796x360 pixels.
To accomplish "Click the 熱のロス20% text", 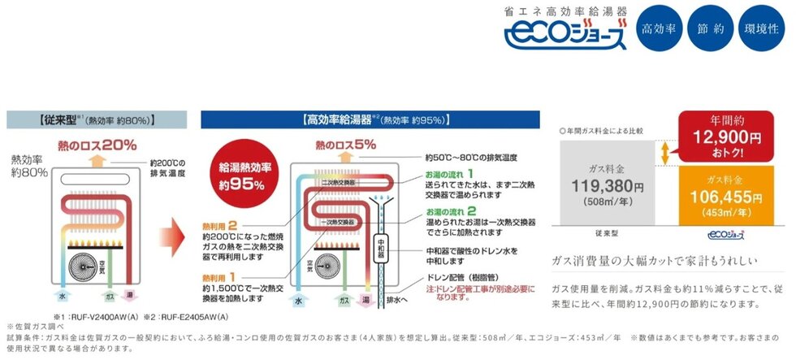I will tap(96, 145).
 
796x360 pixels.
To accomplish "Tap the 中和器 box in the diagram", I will tap(383, 244).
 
